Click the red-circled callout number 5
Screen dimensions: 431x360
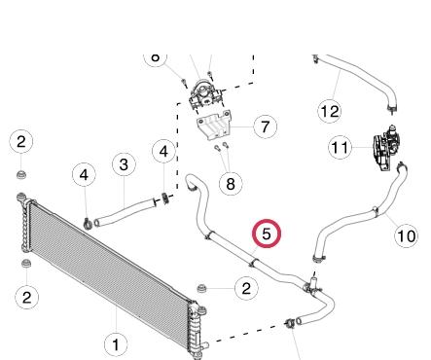[x=267, y=234]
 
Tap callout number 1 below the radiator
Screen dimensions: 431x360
[x=116, y=344]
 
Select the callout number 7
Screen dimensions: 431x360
[x=266, y=126]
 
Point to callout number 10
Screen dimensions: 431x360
[x=406, y=235]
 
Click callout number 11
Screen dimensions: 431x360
[x=341, y=148]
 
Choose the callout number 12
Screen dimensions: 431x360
[x=330, y=111]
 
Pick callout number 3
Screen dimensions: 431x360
[x=124, y=164]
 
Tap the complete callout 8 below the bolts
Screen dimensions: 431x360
[x=231, y=184]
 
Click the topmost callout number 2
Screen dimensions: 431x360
[x=21, y=142]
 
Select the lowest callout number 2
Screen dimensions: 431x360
[x=27, y=297]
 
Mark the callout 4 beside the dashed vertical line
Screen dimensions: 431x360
[x=163, y=151]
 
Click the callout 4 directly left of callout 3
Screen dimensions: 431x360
[x=84, y=174]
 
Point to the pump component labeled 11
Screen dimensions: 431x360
[x=386, y=148]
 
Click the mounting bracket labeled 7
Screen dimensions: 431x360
[x=213, y=126]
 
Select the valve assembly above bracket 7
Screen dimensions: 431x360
[x=205, y=93]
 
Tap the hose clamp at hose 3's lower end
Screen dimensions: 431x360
[x=88, y=223]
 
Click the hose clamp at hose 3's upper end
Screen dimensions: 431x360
[x=165, y=198]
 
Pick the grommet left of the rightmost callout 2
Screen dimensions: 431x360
[x=201, y=288]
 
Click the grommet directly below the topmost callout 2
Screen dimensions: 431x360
[x=21, y=174]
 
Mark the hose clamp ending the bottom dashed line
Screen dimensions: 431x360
[x=289, y=323]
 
